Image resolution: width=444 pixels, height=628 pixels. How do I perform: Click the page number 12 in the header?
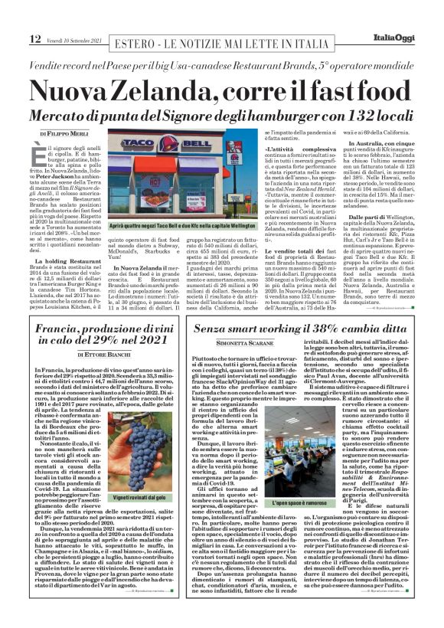point(14,38)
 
